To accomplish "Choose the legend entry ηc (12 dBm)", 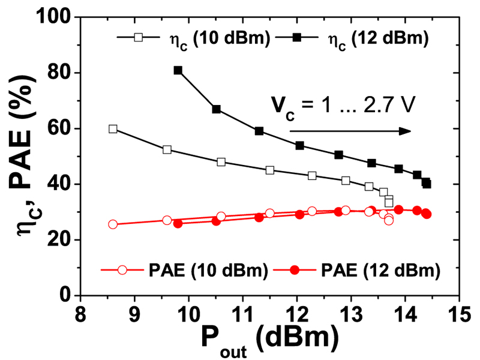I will (364, 38).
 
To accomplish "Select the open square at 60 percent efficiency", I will (113, 128).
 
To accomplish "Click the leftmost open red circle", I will (113, 224).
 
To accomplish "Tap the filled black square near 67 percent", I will (216, 109).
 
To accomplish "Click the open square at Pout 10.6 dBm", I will (221, 162).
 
